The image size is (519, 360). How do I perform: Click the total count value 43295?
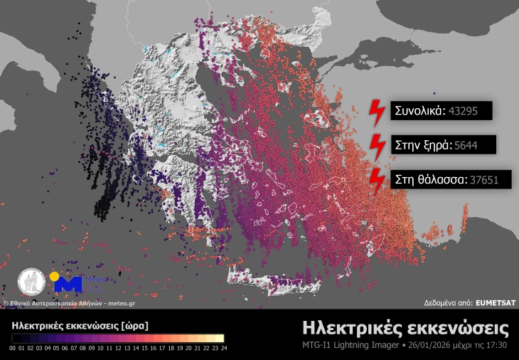[468, 111]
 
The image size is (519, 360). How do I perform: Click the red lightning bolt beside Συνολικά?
[375, 112]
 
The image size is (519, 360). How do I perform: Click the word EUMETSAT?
[496, 302]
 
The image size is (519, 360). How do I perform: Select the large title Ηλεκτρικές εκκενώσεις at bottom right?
[405, 328]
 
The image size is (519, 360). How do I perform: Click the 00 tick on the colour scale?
[14, 348]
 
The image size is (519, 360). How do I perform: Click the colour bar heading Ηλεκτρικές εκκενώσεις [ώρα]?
[80, 325]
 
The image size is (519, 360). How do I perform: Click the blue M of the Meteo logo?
[69, 285]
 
